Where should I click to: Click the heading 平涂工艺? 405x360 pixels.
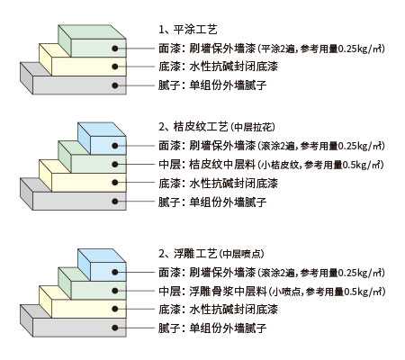[x=195, y=30]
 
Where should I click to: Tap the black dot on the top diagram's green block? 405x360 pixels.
[x=115, y=48]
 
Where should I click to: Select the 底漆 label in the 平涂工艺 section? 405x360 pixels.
[x=169, y=67]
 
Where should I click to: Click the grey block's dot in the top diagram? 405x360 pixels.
[x=115, y=85]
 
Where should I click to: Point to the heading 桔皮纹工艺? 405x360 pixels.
[x=201, y=127]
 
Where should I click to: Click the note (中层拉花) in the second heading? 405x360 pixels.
[x=253, y=127]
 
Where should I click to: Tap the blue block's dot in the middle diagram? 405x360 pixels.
[x=115, y=146]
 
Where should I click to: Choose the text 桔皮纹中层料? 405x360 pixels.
[x=222, y=165]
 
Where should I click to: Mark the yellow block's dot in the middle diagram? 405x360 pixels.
[x=115, y=183]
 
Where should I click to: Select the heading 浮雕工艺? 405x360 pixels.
[x=195, y=254]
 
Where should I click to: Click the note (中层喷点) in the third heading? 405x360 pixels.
[x=242, y=254]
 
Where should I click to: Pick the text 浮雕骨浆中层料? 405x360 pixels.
[x=228, y=292]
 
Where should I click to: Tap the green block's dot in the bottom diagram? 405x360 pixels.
[x=115, y=291]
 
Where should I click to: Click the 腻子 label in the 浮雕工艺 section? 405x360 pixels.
[x=169, y=328]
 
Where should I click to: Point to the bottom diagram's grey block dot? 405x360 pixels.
[x=115, y=328]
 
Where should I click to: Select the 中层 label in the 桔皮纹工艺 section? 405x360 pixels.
[x=169, y=165]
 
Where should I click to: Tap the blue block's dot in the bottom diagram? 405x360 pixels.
[x=115, y=272]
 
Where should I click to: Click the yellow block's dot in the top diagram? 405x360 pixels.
[x=115, y=67]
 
